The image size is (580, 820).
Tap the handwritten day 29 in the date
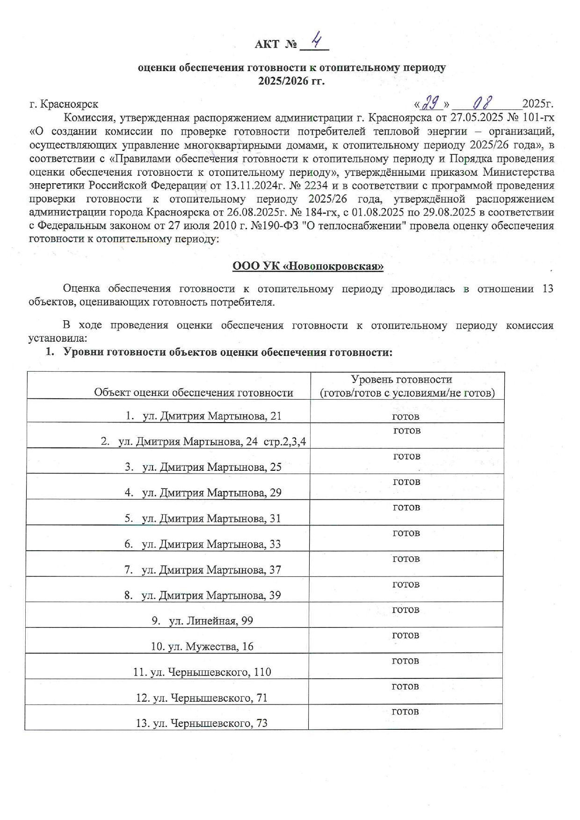click(x=430, y=102)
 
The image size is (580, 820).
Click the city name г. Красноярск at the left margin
click(x=64, y=104)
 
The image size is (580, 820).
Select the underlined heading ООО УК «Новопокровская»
click(x=308, y=266)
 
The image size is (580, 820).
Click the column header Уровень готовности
click(x=401, y=379)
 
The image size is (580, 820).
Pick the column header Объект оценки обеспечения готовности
click(x=193, y=392)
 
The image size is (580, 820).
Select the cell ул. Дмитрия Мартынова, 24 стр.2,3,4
click(x=203, y=441)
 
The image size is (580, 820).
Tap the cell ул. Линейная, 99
click(x=202, y=621)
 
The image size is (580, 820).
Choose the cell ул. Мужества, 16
click(x=202, y=647)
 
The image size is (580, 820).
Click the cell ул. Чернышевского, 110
click(x=202, y=672)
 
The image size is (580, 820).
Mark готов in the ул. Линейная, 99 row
click(x=406, y=610)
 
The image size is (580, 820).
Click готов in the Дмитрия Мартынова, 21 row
click(x=406, y=416)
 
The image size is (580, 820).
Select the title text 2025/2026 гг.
click(x=291, y=81)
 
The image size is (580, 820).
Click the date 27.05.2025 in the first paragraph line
click(x=477, y=117)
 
